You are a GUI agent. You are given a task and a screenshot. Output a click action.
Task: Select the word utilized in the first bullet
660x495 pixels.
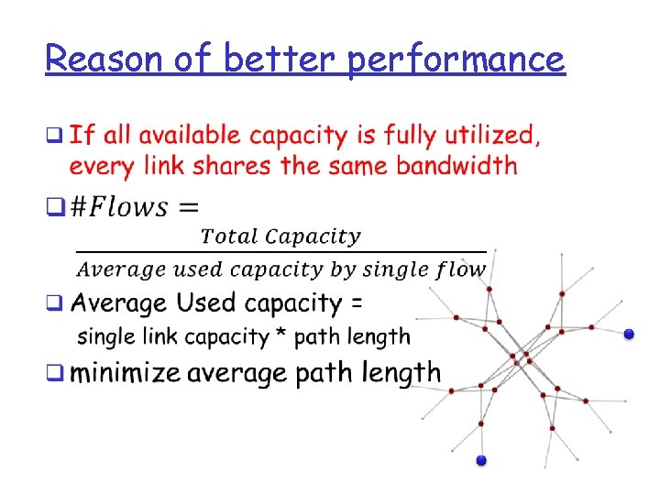click(x=490, y=137)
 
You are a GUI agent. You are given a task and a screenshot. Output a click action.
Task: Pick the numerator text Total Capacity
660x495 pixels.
click(x=280, y=236)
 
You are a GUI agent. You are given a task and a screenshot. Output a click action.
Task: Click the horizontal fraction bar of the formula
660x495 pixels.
click(x=280, y=251)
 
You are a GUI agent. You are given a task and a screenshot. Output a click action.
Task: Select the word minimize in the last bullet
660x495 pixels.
click(x=125, y=373)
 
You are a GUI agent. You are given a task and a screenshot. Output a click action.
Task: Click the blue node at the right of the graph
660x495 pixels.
click(x=629, y=335)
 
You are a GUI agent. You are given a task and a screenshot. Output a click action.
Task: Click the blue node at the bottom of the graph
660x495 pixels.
click(x=481, y=459)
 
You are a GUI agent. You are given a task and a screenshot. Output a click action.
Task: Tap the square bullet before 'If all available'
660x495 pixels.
click(x=55, y=137)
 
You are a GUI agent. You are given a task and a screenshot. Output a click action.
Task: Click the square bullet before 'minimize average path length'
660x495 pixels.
click(x=55, y=373)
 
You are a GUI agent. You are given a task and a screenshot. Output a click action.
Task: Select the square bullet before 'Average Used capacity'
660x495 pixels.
click(x=55, y=302)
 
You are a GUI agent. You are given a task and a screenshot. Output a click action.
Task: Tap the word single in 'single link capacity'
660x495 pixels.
click(x=107, y=337)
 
